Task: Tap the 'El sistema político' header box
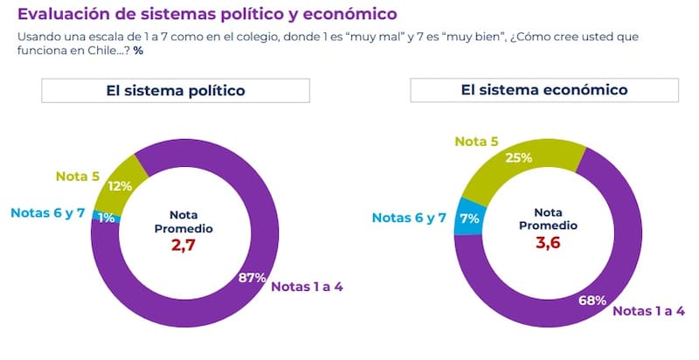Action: click(x=175, y=91)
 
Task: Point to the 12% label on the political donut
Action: click(x=119, y=186)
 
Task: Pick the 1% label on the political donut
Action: click(x=107, y=217)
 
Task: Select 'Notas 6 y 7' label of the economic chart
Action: click(x=410, y=218)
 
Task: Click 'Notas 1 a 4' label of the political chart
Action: click(x=309, y=286)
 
